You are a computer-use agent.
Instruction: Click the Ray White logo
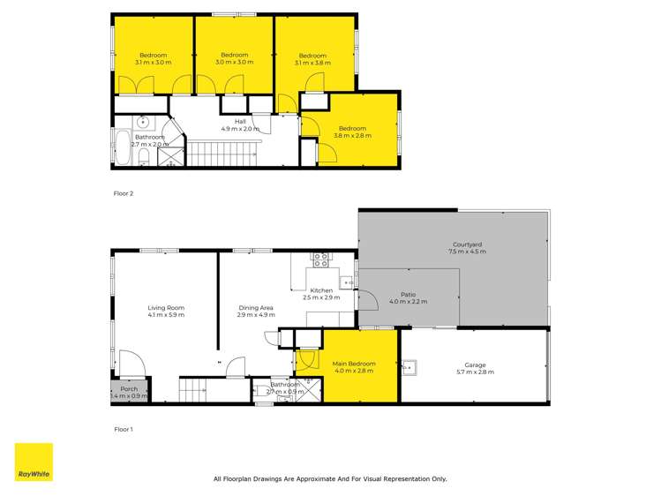[x=34, y=462]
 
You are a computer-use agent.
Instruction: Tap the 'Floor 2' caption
[x=124, y=192]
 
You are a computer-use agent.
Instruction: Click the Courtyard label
[x=466, y=248]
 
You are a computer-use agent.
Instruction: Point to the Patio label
[x=408, y=297]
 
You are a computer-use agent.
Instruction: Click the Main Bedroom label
[x=353, y=366]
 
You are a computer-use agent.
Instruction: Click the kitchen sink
[x=348, y=282]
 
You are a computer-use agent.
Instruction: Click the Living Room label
[x=165, y=311]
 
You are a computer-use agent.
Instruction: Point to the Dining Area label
[x=256, y=311]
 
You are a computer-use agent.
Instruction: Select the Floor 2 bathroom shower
[x=165, y=157]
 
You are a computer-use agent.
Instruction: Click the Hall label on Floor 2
[x=240, y=124]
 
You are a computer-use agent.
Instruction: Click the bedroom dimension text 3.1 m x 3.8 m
[x=312, y=63]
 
